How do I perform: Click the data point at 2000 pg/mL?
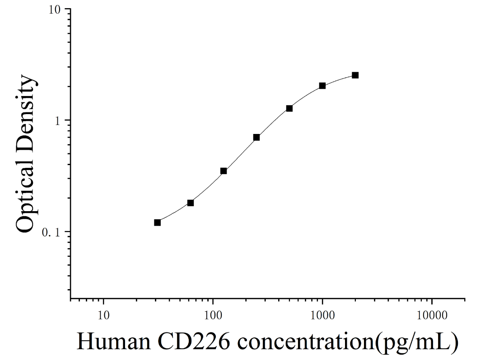tap(355, 75)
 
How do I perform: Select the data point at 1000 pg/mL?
tap(322, 86)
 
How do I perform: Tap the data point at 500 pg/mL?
tap(289, 108)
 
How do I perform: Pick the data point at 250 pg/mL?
tap(256, 137)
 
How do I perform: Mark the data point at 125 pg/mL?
tap(224, 171)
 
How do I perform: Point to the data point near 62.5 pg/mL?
tap(190, 203)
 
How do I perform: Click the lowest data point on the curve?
tap(157, 222)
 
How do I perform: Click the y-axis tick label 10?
tap(54, 10)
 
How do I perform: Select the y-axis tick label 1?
tap(57, 121)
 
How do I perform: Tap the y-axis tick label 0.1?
tap(51, 232)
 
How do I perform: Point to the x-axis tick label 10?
tap(103, 315)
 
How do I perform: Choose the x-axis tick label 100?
tap(213, 315)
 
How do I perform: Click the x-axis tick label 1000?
tap(322, 315)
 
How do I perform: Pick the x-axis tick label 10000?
tap(432, 315)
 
